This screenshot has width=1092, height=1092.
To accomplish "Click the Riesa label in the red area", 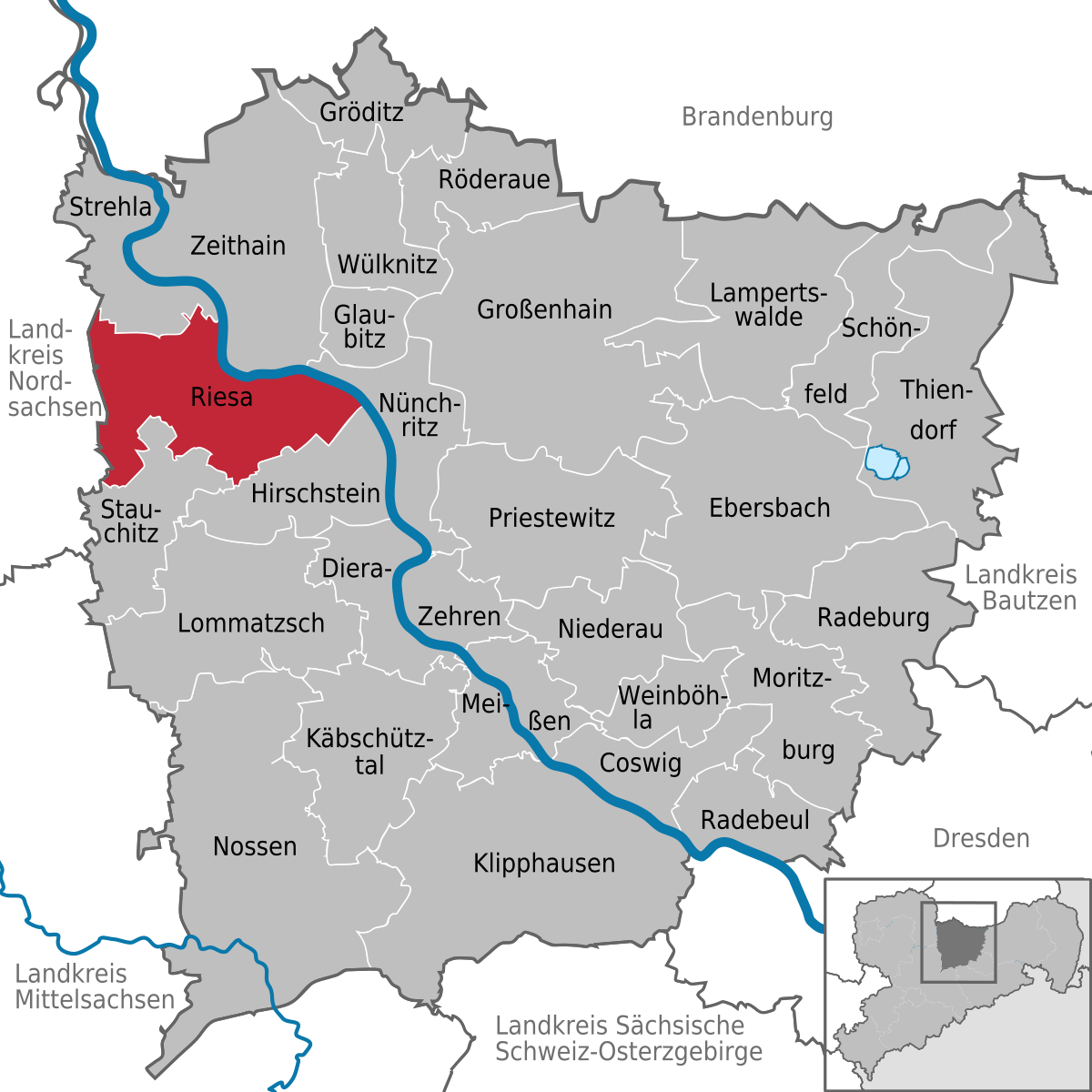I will [221, 397].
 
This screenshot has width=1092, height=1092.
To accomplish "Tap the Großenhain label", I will [544, 309].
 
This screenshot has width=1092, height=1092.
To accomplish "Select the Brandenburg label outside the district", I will [757, 116].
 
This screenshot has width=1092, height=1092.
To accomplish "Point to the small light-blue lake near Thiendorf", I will [886, 462].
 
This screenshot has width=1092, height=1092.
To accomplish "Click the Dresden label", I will [981, 838].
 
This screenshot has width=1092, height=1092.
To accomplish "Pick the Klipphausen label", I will [544, 863].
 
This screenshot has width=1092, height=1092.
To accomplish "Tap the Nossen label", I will [255, 846].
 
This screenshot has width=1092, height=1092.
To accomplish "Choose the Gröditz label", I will [361, 112].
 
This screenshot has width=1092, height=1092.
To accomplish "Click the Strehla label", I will [110, 207].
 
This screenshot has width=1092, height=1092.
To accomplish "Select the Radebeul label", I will [754, 820].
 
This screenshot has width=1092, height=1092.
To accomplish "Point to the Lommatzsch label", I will [250, 623].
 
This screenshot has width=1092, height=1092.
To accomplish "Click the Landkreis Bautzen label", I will [1020, 588].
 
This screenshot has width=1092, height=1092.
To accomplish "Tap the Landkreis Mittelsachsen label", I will [95, 986].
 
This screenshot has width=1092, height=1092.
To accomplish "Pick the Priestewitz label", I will [551, 518].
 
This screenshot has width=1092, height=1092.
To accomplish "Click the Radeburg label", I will [873, 618].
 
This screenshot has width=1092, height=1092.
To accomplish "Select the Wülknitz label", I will [387, 265].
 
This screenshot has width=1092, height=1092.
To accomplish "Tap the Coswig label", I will [640, 763].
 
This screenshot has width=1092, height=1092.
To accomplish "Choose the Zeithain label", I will [238, 246].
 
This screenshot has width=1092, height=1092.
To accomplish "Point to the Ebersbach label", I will [769, 508].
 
